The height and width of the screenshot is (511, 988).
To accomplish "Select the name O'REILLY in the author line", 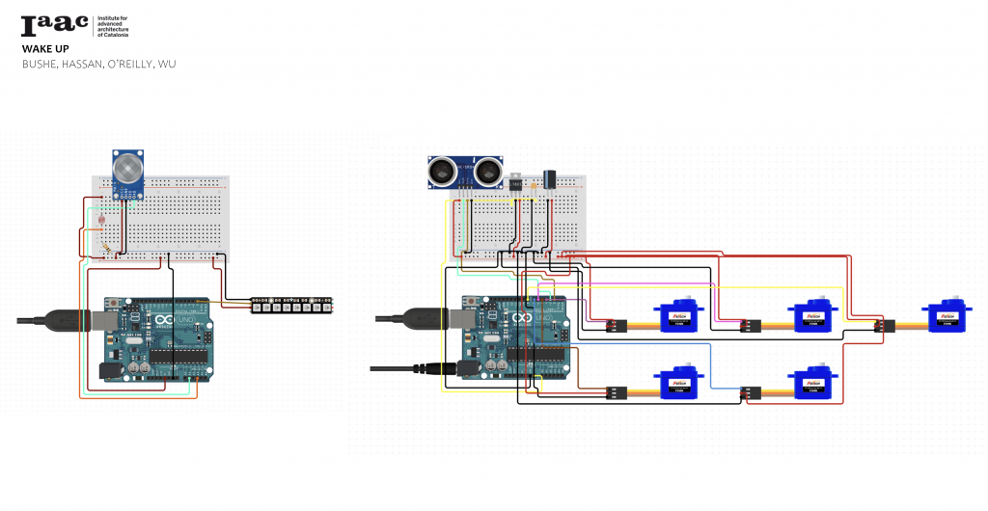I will pyautogui.click(x=115, y=64).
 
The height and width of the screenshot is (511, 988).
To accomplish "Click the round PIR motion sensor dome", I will pyautogui.click(x=126, y=169).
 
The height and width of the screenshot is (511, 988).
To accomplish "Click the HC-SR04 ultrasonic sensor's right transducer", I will pyautogui.click(x=488, y=173).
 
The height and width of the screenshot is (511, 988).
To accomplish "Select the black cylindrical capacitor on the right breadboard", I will pyautogui.click(x=550, y=178).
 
